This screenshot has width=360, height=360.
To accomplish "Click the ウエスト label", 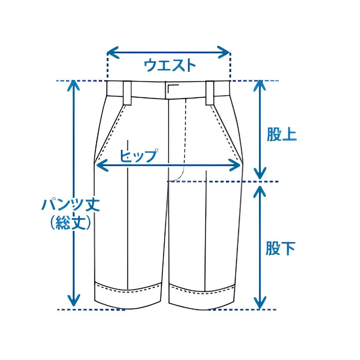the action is tap(170, 65).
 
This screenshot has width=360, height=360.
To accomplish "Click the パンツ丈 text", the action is tap(71, 205).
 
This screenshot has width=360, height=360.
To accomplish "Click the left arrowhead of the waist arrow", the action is tap(112, 53).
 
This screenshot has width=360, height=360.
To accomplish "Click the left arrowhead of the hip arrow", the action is tap(102, 165).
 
